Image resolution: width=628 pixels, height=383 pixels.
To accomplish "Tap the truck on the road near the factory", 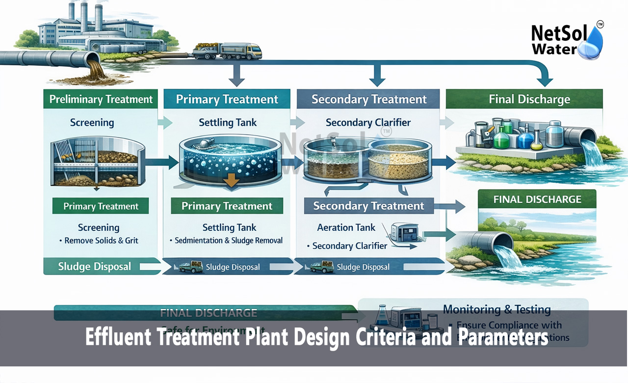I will tap(227, 50).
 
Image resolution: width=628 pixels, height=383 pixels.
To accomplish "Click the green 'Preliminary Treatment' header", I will tap(101, 99).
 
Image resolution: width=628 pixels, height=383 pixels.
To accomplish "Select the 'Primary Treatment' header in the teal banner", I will tap(227, 99).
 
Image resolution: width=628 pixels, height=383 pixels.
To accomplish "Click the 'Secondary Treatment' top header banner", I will tap(369, 99).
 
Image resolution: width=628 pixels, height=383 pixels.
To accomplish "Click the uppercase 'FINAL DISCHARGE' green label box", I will tap(537, 199).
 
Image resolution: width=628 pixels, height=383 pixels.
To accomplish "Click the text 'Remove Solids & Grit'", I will tap(102, 241).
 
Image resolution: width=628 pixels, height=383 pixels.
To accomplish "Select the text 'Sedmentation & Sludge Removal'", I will tap(229, 241).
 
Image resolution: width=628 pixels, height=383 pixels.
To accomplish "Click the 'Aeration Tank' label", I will tap(346, 227).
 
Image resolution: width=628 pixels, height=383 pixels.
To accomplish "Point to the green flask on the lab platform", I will tap(501, 138).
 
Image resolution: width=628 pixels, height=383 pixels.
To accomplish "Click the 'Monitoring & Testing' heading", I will tap(497, 309).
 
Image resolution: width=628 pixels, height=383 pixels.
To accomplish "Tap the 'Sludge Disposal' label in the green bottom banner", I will tap(94, 267).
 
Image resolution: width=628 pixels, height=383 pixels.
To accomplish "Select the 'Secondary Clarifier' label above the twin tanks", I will tap(368, 123).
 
